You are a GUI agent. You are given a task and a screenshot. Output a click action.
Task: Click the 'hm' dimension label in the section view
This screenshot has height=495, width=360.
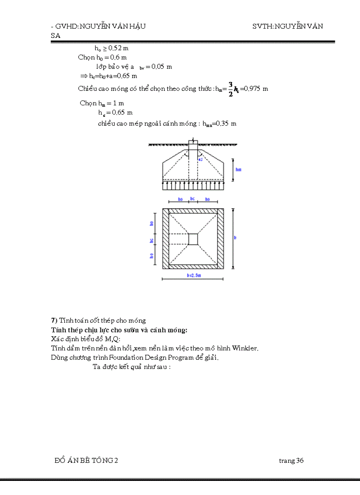tap(238, 169)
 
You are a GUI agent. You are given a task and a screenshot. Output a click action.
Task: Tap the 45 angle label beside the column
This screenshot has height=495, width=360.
tap(201, 159)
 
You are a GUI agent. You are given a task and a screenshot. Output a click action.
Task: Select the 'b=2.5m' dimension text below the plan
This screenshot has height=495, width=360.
tap(193, 275)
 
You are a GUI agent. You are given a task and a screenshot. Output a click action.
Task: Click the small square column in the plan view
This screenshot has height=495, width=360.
tap(193, 239)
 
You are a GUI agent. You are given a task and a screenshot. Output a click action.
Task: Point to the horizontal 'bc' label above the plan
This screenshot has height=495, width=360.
tap(192, 199)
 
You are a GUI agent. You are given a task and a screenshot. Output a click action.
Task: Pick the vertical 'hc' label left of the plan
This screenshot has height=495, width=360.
tap(152, 241)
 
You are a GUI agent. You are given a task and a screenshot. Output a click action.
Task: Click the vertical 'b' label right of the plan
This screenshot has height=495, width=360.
tap(235, 238)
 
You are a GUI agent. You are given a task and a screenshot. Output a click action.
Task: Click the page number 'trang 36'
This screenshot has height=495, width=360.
tap(291, 461)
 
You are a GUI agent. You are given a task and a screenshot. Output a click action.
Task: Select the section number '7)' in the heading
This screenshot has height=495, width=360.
tap(55, 320)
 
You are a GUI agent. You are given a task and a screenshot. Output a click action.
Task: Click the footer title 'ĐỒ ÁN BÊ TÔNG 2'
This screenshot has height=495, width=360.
tap(86, 461)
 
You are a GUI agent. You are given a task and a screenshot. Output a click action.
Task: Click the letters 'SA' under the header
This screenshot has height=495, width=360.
tap(56, 36)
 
